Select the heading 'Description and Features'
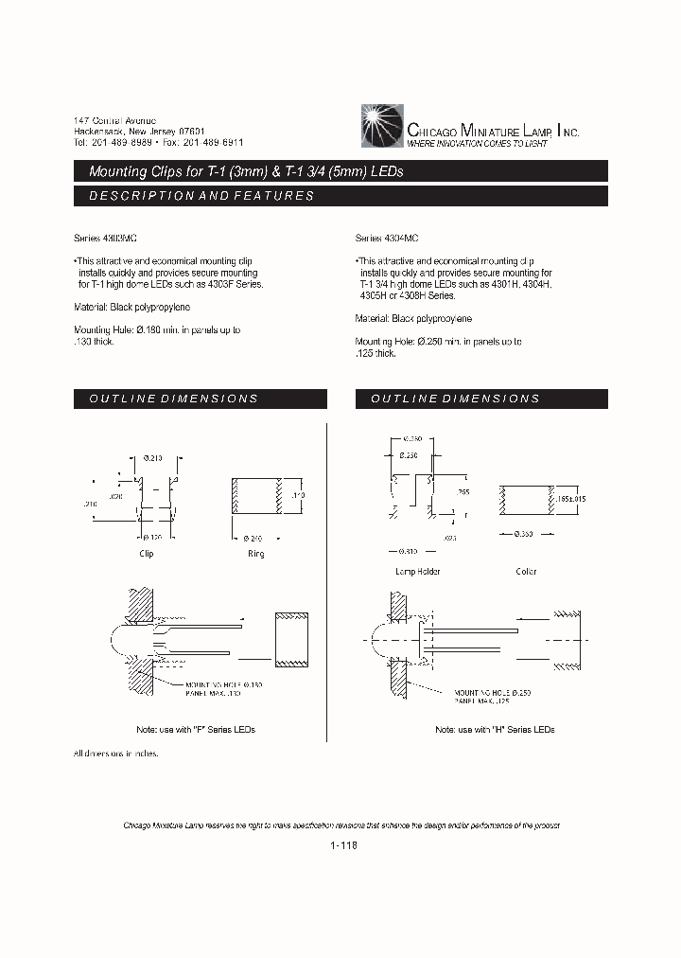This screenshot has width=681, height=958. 201,196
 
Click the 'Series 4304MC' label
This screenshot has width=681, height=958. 387,239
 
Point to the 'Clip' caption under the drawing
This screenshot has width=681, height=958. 147,553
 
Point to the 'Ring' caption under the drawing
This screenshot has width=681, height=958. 255,553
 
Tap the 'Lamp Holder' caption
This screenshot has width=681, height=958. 417,571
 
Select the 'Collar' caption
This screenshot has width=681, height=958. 526,571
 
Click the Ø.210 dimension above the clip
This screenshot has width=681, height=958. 151,457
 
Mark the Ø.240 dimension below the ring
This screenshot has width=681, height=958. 255,537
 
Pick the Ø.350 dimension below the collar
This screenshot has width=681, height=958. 525,535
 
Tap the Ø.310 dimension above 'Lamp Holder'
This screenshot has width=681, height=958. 410,551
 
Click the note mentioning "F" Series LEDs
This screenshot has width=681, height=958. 196,730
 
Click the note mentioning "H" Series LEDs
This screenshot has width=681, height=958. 495,730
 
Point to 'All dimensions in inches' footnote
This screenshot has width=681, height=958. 115,754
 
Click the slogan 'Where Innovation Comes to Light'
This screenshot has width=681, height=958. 477,143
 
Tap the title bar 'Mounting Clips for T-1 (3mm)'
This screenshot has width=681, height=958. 246,171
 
